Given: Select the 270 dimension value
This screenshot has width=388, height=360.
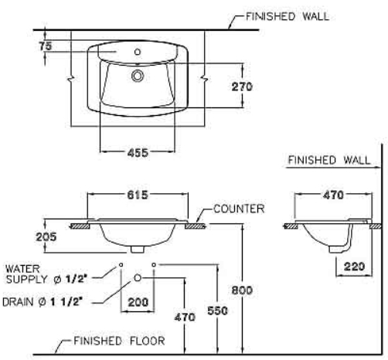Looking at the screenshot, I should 242,87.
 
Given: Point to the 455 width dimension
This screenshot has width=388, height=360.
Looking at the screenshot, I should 138,151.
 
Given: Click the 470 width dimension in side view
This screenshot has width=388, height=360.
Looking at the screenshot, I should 332,195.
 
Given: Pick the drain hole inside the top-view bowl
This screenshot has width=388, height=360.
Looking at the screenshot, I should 138,76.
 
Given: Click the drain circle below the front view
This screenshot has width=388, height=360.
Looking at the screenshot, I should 138,277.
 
